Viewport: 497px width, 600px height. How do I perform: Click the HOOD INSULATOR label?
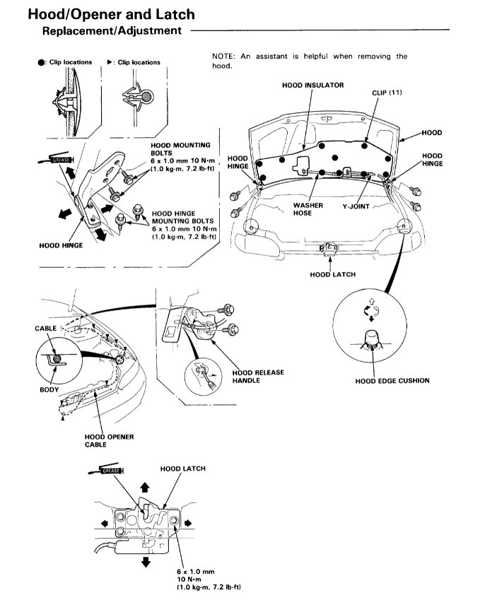tap(312, 86)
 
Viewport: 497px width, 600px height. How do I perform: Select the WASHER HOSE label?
tap(308, 209)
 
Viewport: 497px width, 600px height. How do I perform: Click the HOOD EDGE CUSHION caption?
tap(392, 381)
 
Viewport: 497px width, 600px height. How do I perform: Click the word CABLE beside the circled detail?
tap(46, 329)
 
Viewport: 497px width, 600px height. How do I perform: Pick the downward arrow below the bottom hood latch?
tap(146, 560)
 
